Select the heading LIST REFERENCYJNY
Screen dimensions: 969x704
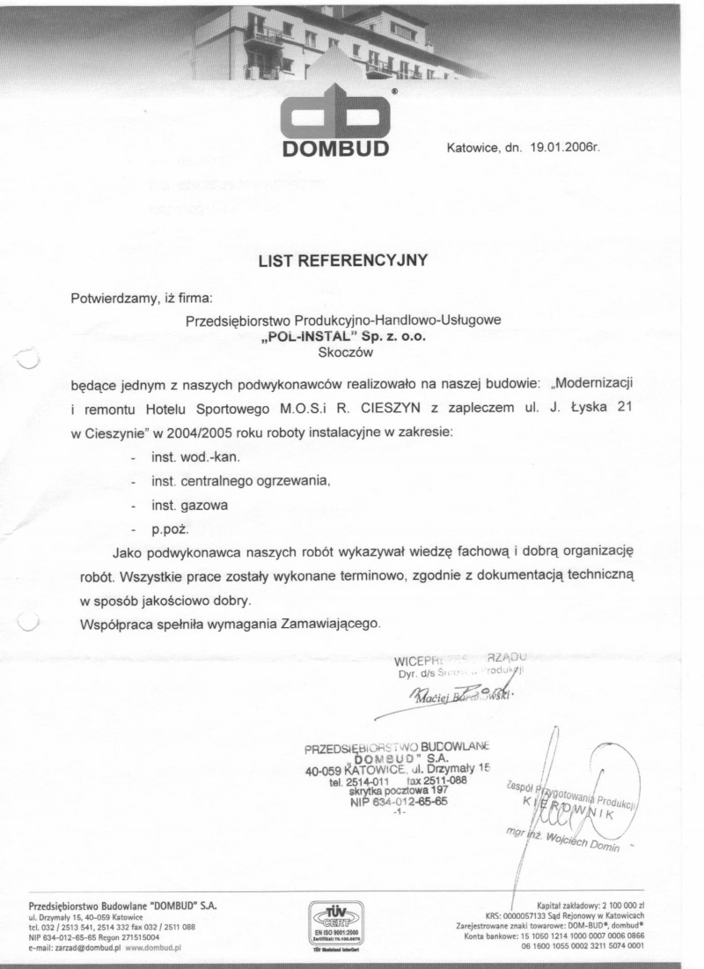[x=342, y=260]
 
